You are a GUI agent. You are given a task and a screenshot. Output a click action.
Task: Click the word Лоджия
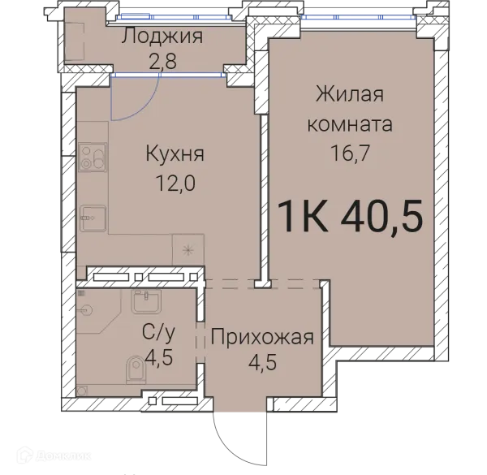click(x=162, y=37)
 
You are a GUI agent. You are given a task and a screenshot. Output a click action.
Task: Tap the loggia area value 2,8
click(x=162, y=62)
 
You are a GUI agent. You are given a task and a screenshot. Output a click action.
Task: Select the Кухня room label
click(x=175, y=153)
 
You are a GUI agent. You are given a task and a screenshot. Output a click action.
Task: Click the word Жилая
click(x=349, y=94)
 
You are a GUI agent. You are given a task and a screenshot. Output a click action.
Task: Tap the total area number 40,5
click(x=381, y=216)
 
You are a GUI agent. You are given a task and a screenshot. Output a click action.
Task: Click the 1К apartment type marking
click(x=303, y=216)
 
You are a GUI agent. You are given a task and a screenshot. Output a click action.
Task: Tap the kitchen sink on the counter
click(x=92, y=216)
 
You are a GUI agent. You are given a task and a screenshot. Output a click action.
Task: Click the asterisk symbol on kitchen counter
click(x=187, y=248)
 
